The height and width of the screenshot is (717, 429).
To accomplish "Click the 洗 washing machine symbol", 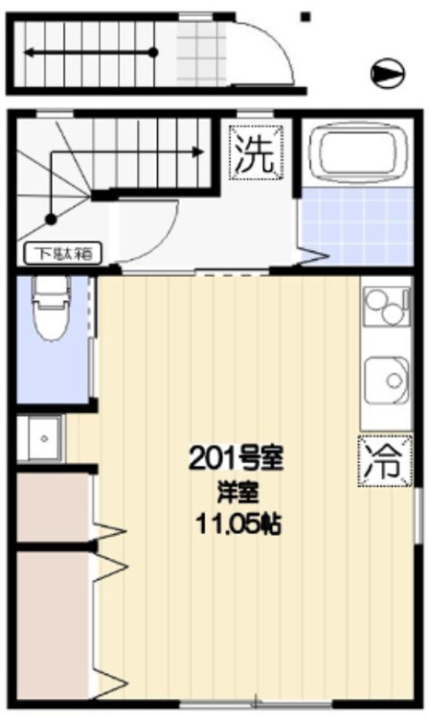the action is [256, 152].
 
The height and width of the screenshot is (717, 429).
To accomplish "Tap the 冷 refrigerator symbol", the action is [386, 461].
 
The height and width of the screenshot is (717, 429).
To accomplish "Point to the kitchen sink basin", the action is [387, 378].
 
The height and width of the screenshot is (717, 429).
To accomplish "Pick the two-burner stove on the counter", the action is [387, 305].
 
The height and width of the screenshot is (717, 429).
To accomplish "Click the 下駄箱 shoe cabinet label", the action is [63, 254].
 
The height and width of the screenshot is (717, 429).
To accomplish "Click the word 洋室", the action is [238, 491].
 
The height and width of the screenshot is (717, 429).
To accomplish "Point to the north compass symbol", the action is [388, 73].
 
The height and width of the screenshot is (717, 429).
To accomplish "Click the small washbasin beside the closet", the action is [44, 438].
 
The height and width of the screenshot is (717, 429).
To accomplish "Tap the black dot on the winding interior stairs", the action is [51, 219].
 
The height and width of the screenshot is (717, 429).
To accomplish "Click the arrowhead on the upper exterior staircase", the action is [31, 53].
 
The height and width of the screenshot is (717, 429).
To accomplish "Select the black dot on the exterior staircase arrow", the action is [153, 52].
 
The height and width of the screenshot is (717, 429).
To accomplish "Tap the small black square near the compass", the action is [305, 17].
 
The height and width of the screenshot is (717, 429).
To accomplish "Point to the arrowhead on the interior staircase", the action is [197, 151].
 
